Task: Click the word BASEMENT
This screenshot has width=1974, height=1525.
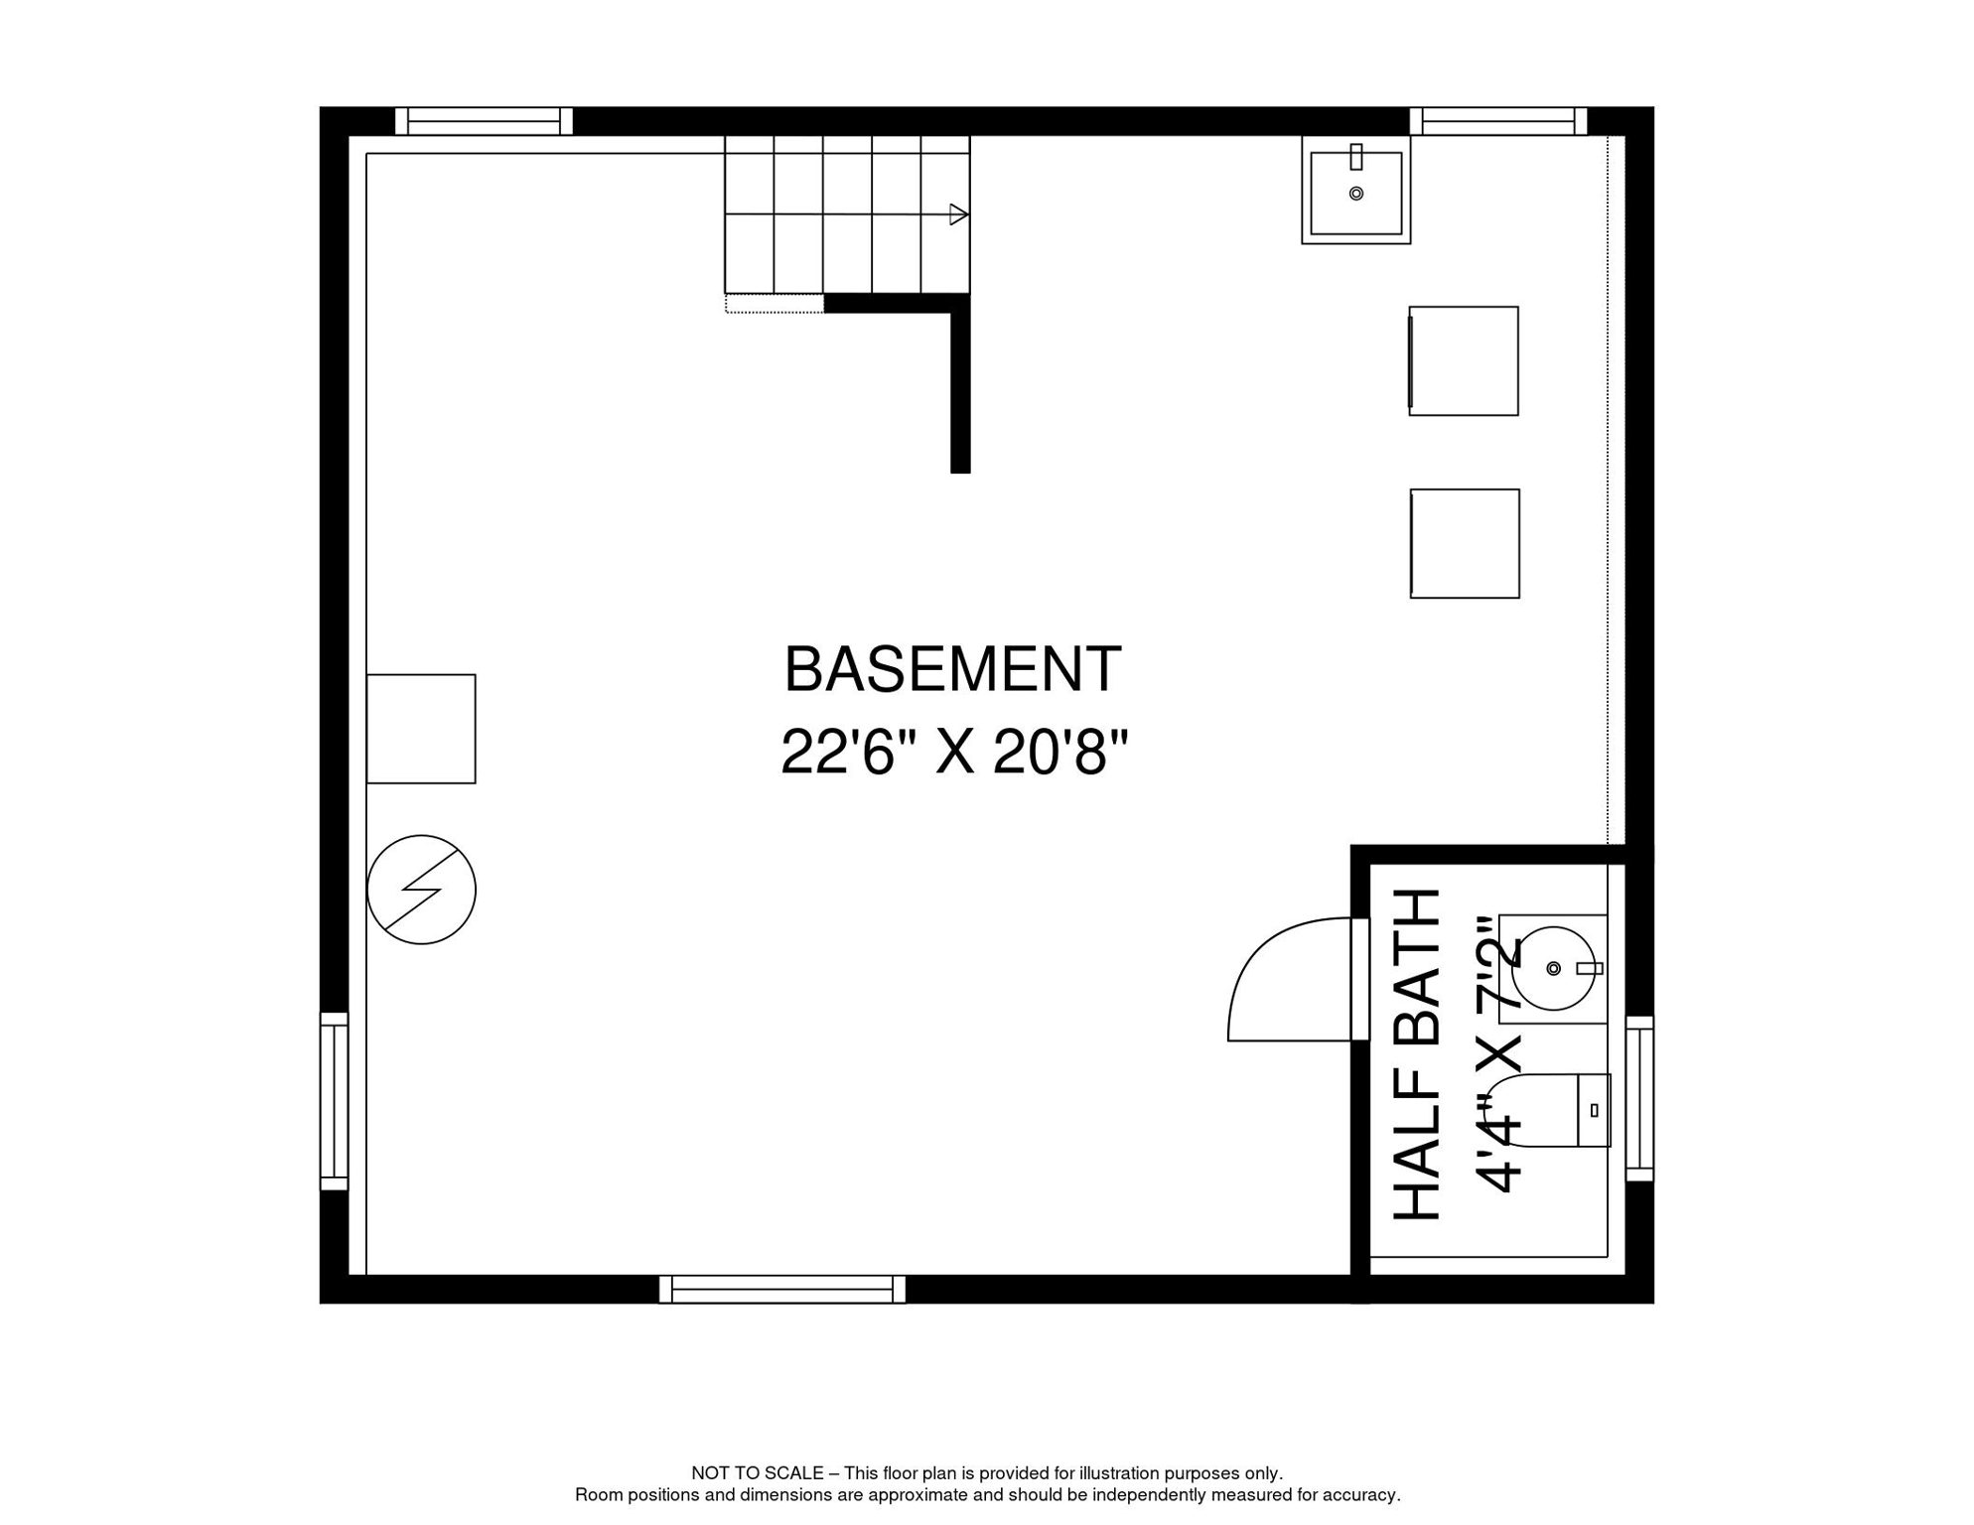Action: coord(952,670)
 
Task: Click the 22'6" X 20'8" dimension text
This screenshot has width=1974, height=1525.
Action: coord(954,753)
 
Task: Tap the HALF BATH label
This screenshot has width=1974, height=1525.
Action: coord(1417,1054)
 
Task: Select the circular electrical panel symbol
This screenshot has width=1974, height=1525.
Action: coord(421,890)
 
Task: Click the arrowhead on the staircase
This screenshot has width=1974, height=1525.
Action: coord(957,214)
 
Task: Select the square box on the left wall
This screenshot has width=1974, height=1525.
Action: coord(421,729)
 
